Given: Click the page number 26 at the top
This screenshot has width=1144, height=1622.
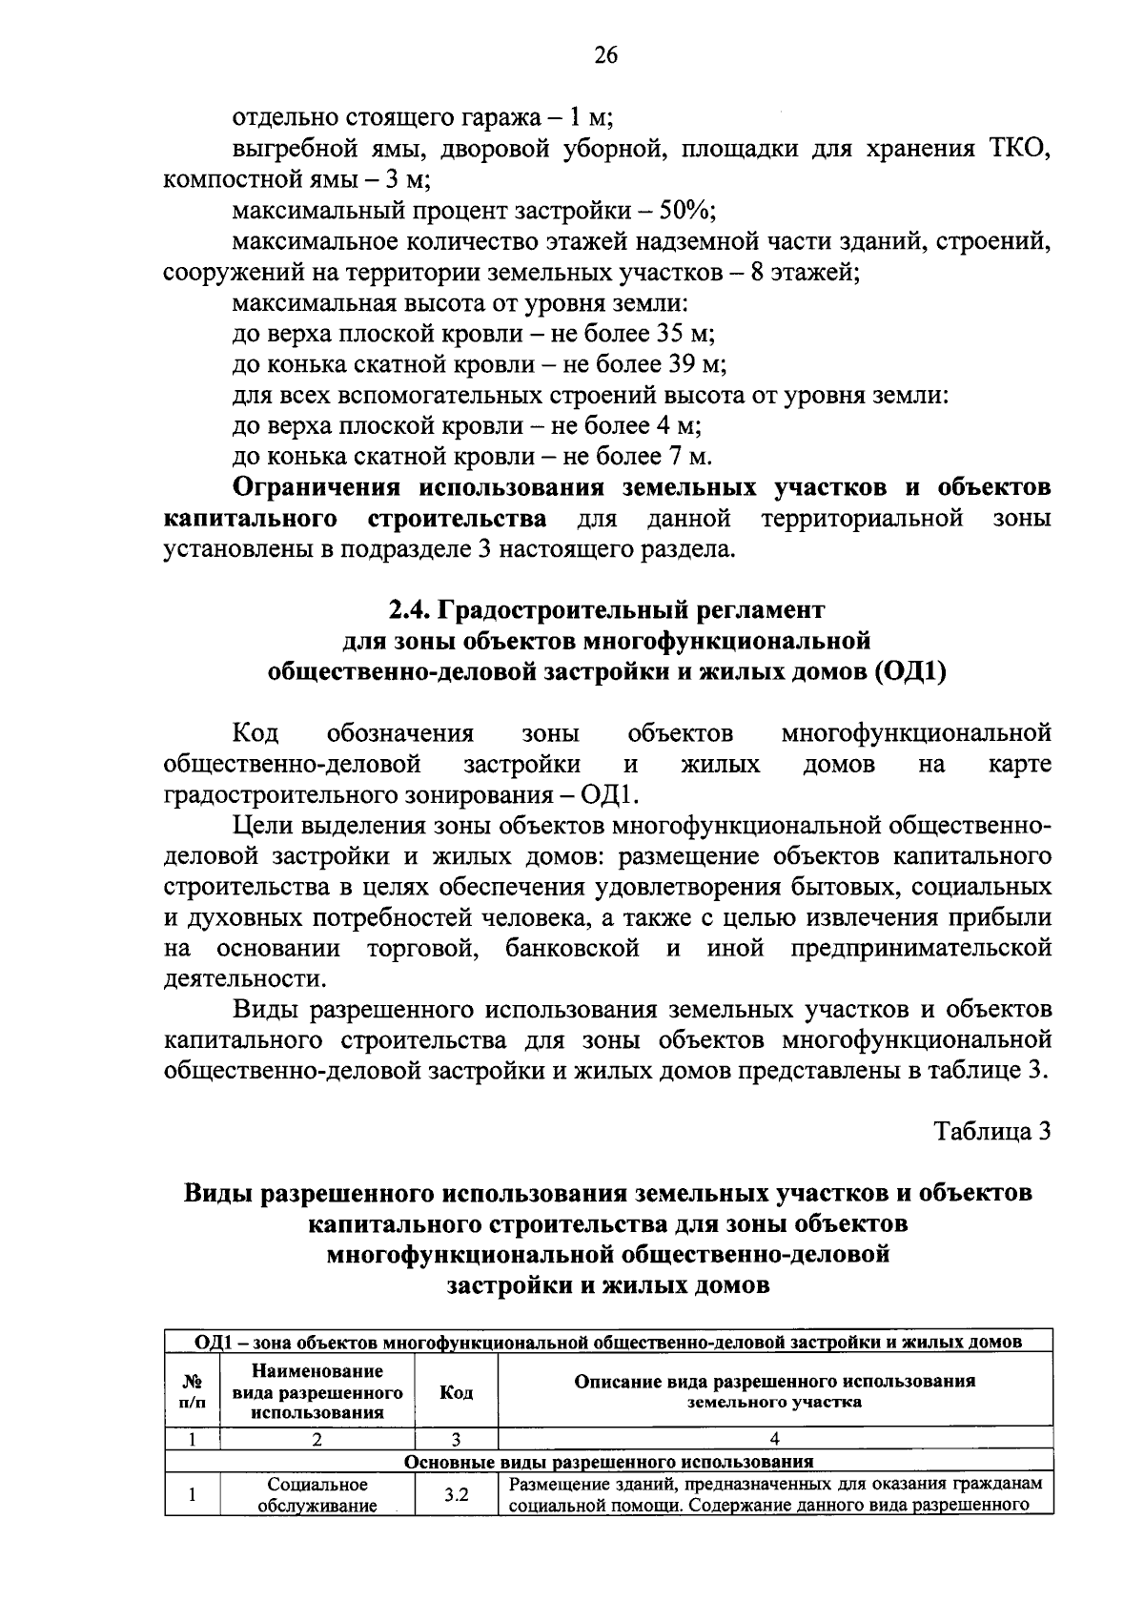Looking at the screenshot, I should click(x=605, y=55).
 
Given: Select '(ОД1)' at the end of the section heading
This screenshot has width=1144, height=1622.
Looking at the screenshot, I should click(x=908, y=671).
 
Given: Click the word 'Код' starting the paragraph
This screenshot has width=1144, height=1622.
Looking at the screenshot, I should click(x=255, y=733).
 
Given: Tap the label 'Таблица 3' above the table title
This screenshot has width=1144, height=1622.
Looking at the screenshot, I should click(x=992, y=1131).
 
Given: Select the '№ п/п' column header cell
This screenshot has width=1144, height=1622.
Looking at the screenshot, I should click(x=192, y=1392).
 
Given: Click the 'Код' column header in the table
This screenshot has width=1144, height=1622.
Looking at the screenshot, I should click(x=456, y=1392).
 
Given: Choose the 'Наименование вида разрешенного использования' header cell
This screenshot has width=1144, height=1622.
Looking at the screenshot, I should click(x=317, y=1392).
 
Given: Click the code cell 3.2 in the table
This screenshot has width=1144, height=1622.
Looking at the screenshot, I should click(x=456, y=1495).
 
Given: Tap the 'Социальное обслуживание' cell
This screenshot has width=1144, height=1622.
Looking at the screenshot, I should click(x=317, y=1495).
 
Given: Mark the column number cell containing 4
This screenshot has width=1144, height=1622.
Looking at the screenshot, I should click(x=774, y=1439).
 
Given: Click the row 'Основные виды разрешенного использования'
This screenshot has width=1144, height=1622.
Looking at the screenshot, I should click(x=608, y=1461).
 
